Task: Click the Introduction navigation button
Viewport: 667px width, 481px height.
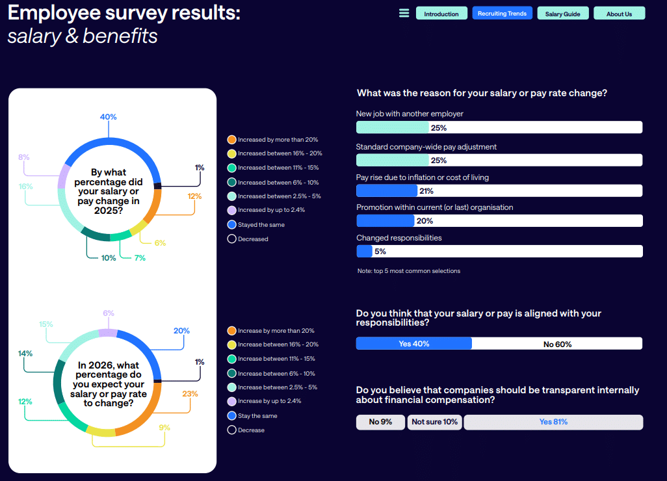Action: click(x=441, y=14)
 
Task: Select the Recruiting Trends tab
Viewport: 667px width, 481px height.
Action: click(x=503, y=14)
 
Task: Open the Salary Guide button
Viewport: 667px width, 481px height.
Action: click(x=562, y=14)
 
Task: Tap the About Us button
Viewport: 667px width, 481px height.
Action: click(x=619, y=14)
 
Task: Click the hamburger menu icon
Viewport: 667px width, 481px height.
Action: click(x=404, y=14)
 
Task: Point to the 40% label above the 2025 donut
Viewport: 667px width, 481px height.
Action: click(x=108, y=117)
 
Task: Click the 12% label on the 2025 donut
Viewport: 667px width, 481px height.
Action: click(x=194, y=196)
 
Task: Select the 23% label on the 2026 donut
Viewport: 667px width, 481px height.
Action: click(x=190, y=393)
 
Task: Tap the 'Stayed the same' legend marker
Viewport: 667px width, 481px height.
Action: click(x=231, y=225)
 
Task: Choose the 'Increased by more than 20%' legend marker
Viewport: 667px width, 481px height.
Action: click(x=231, y=140)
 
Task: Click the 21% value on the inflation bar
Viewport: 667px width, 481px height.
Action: click(x=426, y=191)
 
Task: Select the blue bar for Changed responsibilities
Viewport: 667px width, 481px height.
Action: click(x=364, y=251)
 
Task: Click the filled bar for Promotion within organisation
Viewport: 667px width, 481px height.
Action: click(x=386, y=221)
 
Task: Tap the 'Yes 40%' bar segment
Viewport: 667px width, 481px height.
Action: click(x=414, y=344)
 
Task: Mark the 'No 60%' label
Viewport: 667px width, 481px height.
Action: click(x=557, y=344)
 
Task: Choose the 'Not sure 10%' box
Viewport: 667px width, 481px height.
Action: click(x=434, y=422)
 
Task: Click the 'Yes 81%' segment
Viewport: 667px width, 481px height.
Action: click(x=553, y=422)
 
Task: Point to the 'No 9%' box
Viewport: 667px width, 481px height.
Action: click(x=380, y=422)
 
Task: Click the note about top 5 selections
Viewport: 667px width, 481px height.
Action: click(x=409, y=271)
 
